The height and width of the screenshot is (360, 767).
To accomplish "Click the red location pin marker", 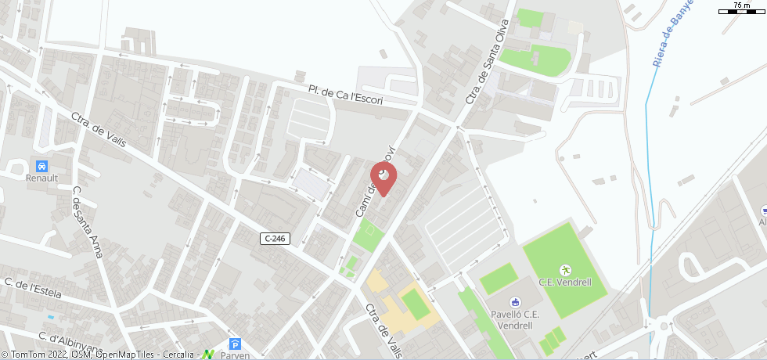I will pos(382,174).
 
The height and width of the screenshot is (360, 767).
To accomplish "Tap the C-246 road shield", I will pos(275,239).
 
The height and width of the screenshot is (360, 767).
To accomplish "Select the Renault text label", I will pos(41,178).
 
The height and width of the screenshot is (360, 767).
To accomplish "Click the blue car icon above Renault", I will pos(41,166).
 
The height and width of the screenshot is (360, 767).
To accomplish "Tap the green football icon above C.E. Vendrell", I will pos(564,270).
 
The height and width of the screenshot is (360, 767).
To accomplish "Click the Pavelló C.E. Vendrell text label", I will pos(516,319).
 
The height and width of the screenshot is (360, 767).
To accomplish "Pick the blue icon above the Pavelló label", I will pos(515,302).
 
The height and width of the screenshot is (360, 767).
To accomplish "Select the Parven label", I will pos(235,355).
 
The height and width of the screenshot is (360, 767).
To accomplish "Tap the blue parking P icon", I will pos(235,344).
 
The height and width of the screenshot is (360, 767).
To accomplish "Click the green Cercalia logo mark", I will pos(207,355).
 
